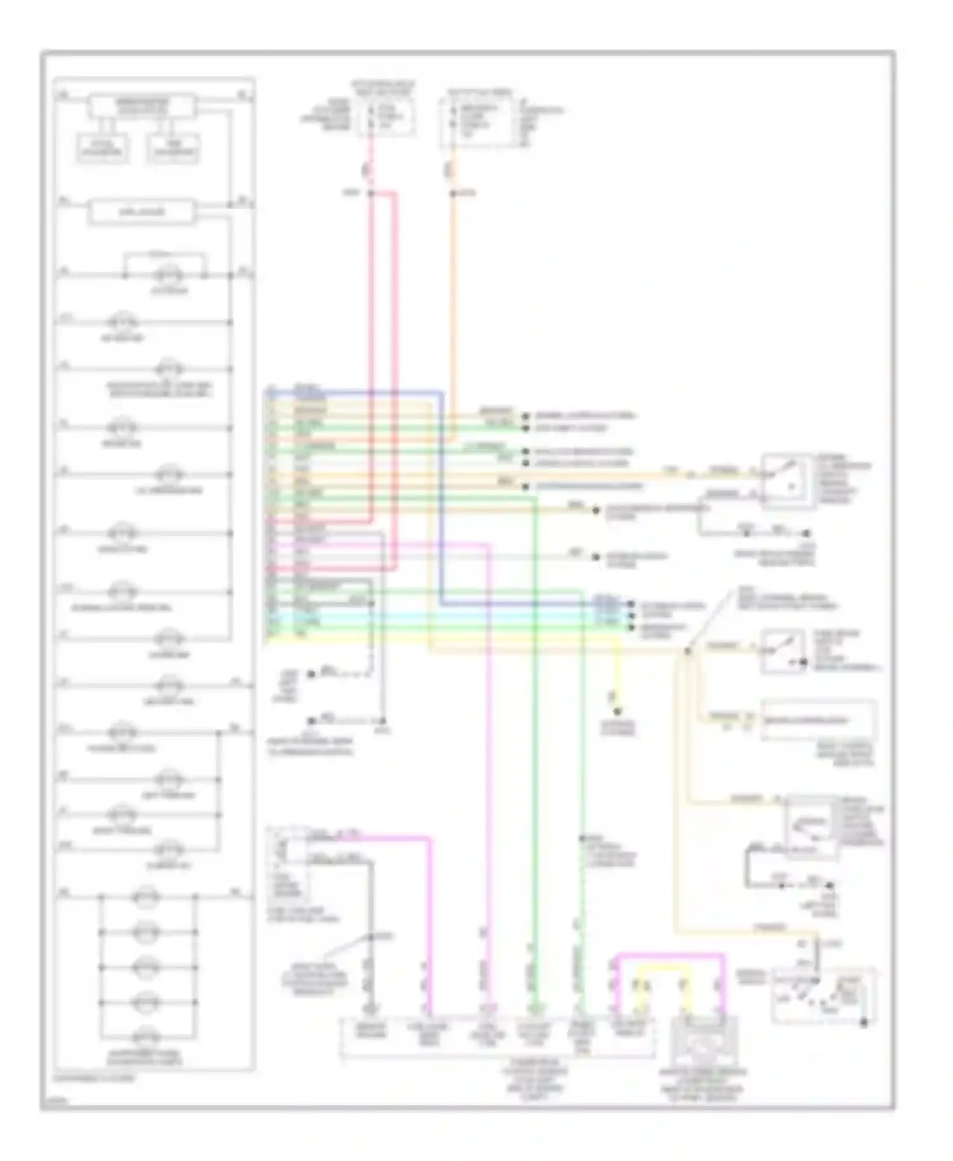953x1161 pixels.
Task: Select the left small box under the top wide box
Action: click(102, 149)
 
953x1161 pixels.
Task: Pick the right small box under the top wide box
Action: click(173, 149)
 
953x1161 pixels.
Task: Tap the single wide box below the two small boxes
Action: click(141, 212)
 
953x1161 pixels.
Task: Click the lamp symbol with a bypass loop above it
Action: click(170, 276)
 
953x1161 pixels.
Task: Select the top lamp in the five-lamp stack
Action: click(147, 897)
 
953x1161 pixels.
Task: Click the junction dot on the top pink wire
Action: click(371, 192)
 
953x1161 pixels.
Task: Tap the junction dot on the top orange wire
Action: click(452, 192)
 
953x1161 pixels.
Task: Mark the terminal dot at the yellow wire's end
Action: click(616, 712)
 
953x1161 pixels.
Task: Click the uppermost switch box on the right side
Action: click(788, 481)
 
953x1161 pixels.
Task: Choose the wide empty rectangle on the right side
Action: click(818, 720)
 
